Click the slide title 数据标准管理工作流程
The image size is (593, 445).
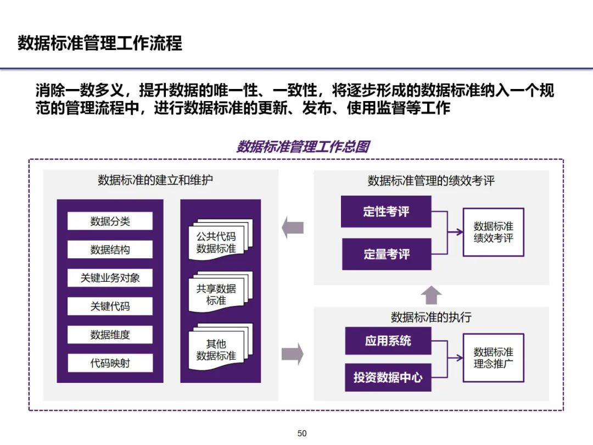(99, 43)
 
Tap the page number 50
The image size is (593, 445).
(302, 433)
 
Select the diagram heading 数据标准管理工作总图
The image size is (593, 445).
(303, 147)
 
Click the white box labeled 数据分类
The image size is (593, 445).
(110, 221)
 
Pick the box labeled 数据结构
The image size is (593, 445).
(110, 249)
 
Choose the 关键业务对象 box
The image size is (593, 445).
(110, 278)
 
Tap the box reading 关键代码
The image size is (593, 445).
(110, 306)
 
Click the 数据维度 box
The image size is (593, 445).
(110, 335)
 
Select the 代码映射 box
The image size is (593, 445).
(110, 363)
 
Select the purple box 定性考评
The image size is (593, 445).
(386, 212)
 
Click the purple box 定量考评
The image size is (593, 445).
(386, 254)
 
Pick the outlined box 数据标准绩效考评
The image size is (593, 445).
(493, 232)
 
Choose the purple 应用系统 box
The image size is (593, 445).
(388, 341)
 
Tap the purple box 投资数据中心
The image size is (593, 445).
(388, 377)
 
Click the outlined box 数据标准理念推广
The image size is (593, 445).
(493, 358)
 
